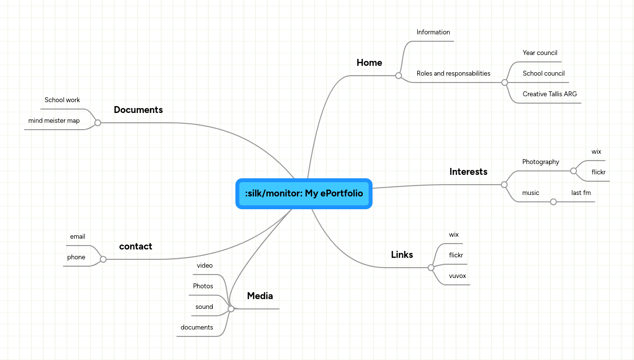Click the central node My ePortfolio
pos(304,194)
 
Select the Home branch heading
pos(369,63)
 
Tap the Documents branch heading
pos(138,110)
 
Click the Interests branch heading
pos(468,172)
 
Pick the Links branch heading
pos(402,255)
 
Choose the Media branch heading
pos(260,296)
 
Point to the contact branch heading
pos(136,247)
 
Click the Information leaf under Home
pos(433,32)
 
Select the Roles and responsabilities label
pos(453,74)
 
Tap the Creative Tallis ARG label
pos(549,94)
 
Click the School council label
pos(544,74)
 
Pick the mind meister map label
pos(54,121)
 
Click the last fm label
pos(581,193)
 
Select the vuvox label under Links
pos(457,276)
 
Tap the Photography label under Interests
pos(541,162)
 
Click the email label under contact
pos(78,237)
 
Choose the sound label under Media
pos(204,307)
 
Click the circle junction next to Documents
pos(98,123)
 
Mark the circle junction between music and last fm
pos(553,202)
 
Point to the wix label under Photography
pos(596,152)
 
